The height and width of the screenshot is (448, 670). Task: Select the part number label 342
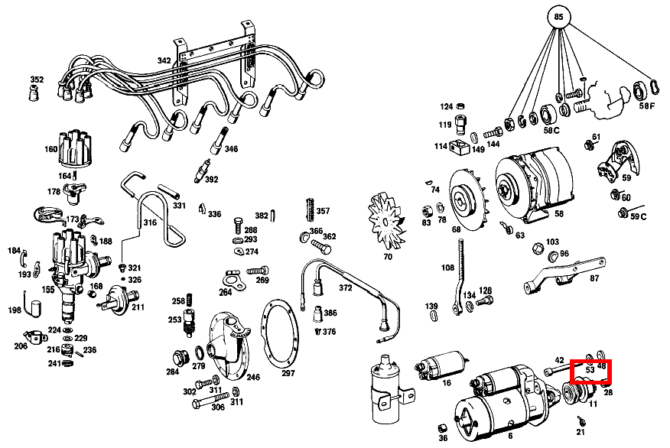pyautogui.click(x=164, y=60)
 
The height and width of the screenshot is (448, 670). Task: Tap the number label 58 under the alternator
pyautogui.click(x=558, y=215)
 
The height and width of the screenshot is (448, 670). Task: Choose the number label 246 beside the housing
pyautogui.click(x=252, y=377)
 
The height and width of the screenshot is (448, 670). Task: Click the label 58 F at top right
pyautogui.click(x=647, y=106)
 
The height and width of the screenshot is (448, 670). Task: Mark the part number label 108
pyautogui.click(x=447, y=268)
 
